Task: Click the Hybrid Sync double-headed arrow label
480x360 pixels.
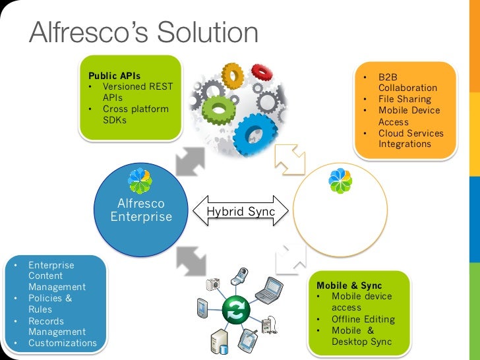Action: [x=241, y=212]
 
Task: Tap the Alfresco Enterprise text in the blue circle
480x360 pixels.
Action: [x=141, y=210]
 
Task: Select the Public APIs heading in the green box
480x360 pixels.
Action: [x=114, y=76]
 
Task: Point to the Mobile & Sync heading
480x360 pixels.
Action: [x=349, y=285]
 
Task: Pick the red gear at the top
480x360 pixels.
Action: [x=233, y=75]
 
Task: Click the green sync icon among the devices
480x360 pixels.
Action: [x=234, y=310]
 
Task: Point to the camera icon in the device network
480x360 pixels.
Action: [x=212, y=284]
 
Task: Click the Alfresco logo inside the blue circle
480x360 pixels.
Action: [x=140, y=180]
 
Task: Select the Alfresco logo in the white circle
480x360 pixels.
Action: [x=340, y=181]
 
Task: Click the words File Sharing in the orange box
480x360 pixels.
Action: [x=404, y=99]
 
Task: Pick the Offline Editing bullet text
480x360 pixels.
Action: [x=363, y=319]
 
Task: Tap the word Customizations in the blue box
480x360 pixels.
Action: [x=62, y=343]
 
